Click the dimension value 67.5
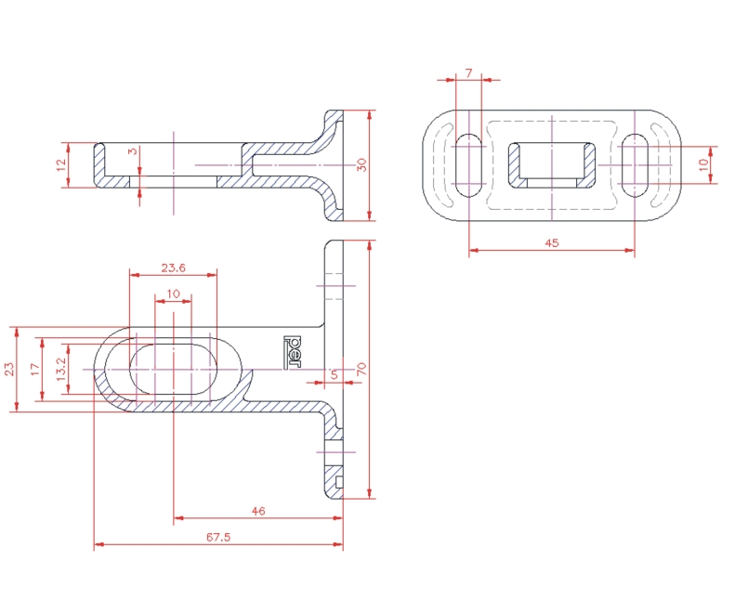click(218, 537)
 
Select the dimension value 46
click(258, 511)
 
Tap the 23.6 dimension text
click(173, 267)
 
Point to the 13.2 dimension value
click(61, 370)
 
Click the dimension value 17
click(35, 370)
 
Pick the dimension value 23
click(9, 370)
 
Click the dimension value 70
click(361, 370)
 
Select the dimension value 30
click(361, 165)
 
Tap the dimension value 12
click(60, 165)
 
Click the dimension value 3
click(133, 150)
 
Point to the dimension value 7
click(468, 73)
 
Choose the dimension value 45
click(551, 242)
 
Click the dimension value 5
click(334, 374)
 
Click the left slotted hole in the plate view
click(469, 165)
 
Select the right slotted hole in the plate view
click(635, 165)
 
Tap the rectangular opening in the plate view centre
click(551, 165)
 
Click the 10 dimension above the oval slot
click(173, 293)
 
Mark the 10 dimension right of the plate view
click(703, 165)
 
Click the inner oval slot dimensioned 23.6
click(173, 370)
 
